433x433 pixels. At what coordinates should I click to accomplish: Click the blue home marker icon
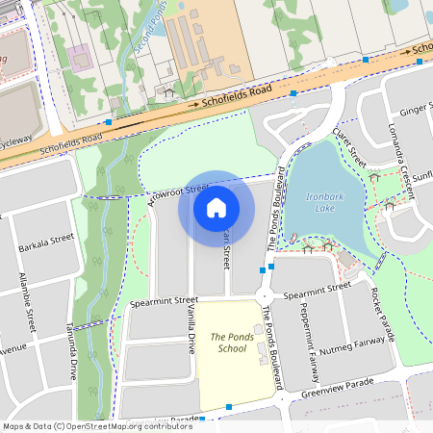216,206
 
